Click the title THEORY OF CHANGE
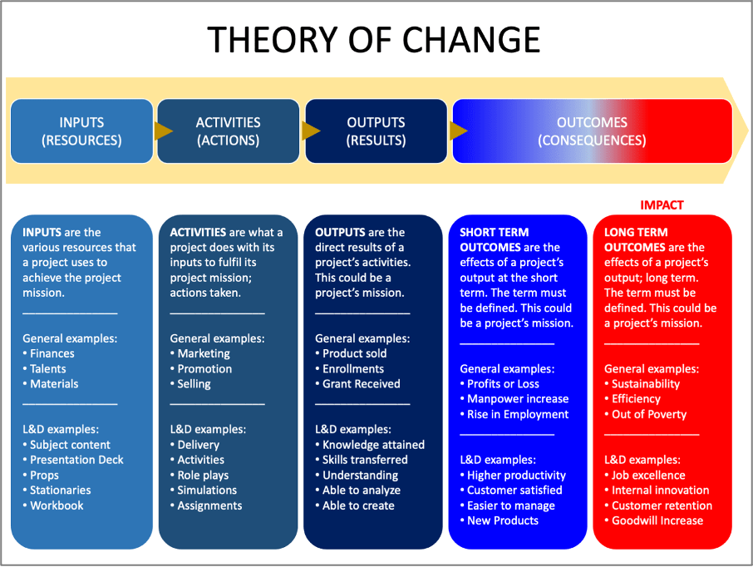pos(374,39)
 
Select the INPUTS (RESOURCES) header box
pos(81,131)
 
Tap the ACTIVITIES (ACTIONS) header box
pos(228,131)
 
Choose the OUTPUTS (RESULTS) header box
pos(376,131)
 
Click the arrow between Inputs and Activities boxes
pos(163,131)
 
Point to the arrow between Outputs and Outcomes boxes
pos(459,131)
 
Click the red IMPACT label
pos(662,205)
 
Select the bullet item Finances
pos(48,353)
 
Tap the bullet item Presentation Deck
pos(73,460)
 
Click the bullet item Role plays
pos(199,476)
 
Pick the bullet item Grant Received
pos(357,384)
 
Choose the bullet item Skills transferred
pos(362,460)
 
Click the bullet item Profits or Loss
pos(500,384)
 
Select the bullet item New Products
pos(500,521)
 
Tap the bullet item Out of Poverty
pos(646,414)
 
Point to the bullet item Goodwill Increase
pos(653,521)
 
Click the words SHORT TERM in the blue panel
pos(495,232)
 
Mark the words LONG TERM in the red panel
pos(636,232)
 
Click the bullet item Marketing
pos(200,353)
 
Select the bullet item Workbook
pos(53,505)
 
